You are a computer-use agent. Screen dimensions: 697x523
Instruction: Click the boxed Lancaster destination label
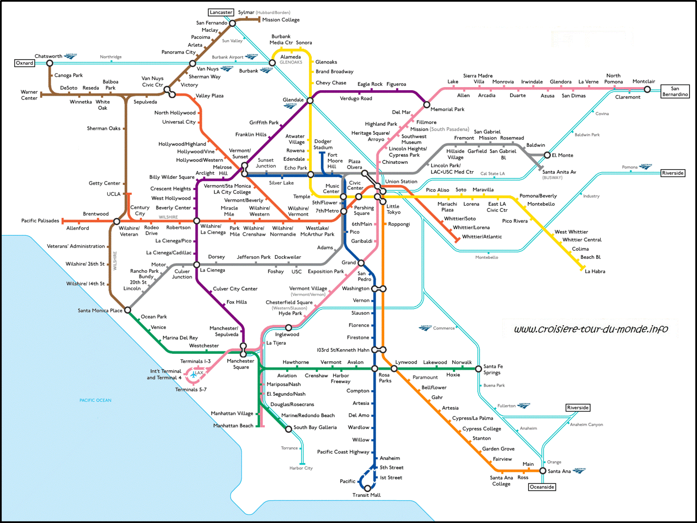[x=221, y=12]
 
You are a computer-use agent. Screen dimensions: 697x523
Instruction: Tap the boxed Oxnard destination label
[x=24, y=63]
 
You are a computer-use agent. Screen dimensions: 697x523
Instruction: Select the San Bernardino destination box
[x=675, y=92]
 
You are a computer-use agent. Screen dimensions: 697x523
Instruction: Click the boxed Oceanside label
[x=542, y=487]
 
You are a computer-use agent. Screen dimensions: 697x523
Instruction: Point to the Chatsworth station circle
[x=50, y=63]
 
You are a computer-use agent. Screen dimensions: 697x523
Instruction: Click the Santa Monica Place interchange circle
[x=128, y=310]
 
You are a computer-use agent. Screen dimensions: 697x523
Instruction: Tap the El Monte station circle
[x=547, y=155]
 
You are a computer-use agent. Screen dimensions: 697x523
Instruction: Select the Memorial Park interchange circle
[x=427, y=105]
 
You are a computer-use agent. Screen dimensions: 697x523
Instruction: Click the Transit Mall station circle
[x=367, y=488]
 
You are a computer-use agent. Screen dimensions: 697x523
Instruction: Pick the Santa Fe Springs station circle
[x=478, y=369]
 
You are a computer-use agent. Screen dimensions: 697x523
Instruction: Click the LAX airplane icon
[x=193, y=375]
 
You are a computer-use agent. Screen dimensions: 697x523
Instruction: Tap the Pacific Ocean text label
[x=95, y=400]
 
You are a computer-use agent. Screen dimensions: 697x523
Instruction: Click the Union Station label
[x=401, y=181]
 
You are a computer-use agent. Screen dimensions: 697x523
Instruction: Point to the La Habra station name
[x=595, y=271]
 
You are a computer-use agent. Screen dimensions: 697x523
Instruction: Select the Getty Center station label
[x=105, y=183]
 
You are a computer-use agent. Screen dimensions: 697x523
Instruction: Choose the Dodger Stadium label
[x=323, y=144]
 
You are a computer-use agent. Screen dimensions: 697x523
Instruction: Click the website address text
[x=591, y=329]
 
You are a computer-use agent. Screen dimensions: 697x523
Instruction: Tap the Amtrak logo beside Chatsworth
[x=70, y=56]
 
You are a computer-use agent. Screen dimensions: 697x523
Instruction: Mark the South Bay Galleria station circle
[x=288, y=429]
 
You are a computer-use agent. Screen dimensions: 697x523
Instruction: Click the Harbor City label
[x=301, y=468]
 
